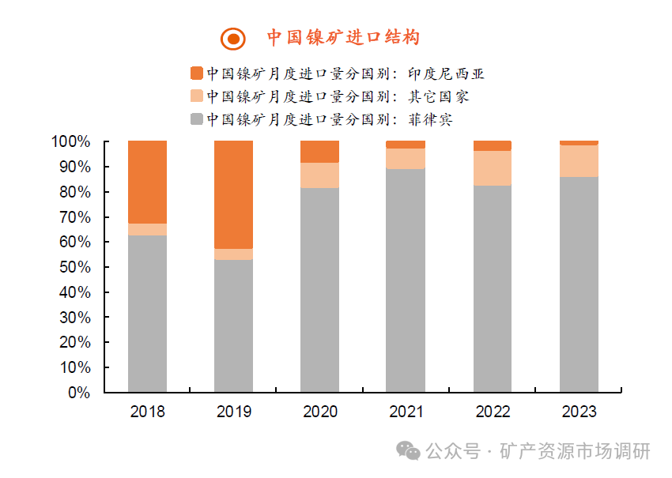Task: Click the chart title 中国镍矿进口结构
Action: click(x=342, y=37)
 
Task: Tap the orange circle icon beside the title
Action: click(x=232, y=38)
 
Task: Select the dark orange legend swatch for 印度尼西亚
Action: click(x=197, y=73)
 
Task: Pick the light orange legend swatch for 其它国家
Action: click(x=197, y=96)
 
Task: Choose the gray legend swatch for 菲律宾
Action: click(x=197, y=119)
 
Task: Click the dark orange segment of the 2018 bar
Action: click(x=147, y=182)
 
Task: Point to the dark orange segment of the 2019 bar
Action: click(x=233, y=194)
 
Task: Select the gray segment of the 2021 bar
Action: click(x=406, y=280)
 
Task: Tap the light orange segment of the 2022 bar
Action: click(x=493, y=167)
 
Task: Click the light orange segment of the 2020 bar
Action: click(x=320, y=175)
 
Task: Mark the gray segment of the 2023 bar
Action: click(x=579, y=284)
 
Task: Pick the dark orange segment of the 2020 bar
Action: click(x=320, y=152)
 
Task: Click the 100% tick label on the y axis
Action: click(x=71, y=142)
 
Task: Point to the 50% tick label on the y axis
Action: click(x=74, y=267)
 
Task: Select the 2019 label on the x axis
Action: click(x=233, y=412)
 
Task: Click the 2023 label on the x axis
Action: click(x=579, y=412)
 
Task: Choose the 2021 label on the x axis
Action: click(x=406, y=412)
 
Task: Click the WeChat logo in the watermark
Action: click(x=409, y=450)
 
